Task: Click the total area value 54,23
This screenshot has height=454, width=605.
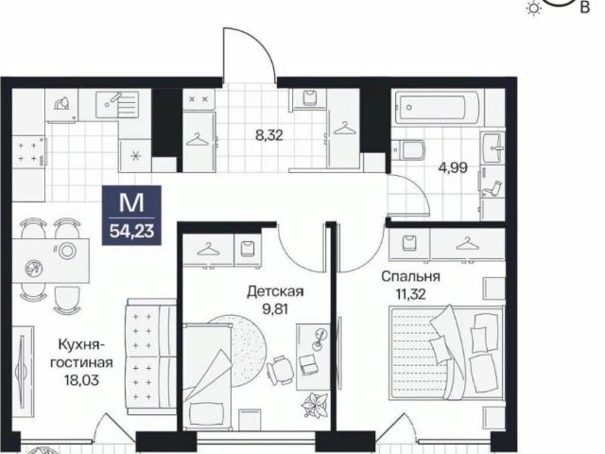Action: click(x=132, y=231)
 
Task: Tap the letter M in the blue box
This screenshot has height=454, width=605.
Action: click(x=131, y=202)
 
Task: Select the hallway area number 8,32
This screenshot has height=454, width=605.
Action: click(x=269, y=135)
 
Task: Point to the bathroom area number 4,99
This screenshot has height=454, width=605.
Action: click(x=454, y=168)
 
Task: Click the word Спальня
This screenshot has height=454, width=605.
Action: click(x=411, y=276)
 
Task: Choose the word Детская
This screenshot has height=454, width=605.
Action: click(x=275, y=291)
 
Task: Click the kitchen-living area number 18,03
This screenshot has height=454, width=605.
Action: click(x=82, y=380)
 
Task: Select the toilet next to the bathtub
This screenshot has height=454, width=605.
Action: click(x=408, y=149)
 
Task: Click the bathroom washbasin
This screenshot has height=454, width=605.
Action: click(x=493, y=148)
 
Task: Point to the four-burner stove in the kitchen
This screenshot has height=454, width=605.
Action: click(x=29, y=151)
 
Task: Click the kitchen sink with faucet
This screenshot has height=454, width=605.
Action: click(x=117, y=103)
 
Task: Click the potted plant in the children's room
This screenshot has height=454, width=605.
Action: click(x=315, y=404)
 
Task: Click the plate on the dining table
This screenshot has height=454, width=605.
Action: click(x=66, y=252)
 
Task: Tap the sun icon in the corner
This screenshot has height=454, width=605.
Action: click(x=534, y=9)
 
